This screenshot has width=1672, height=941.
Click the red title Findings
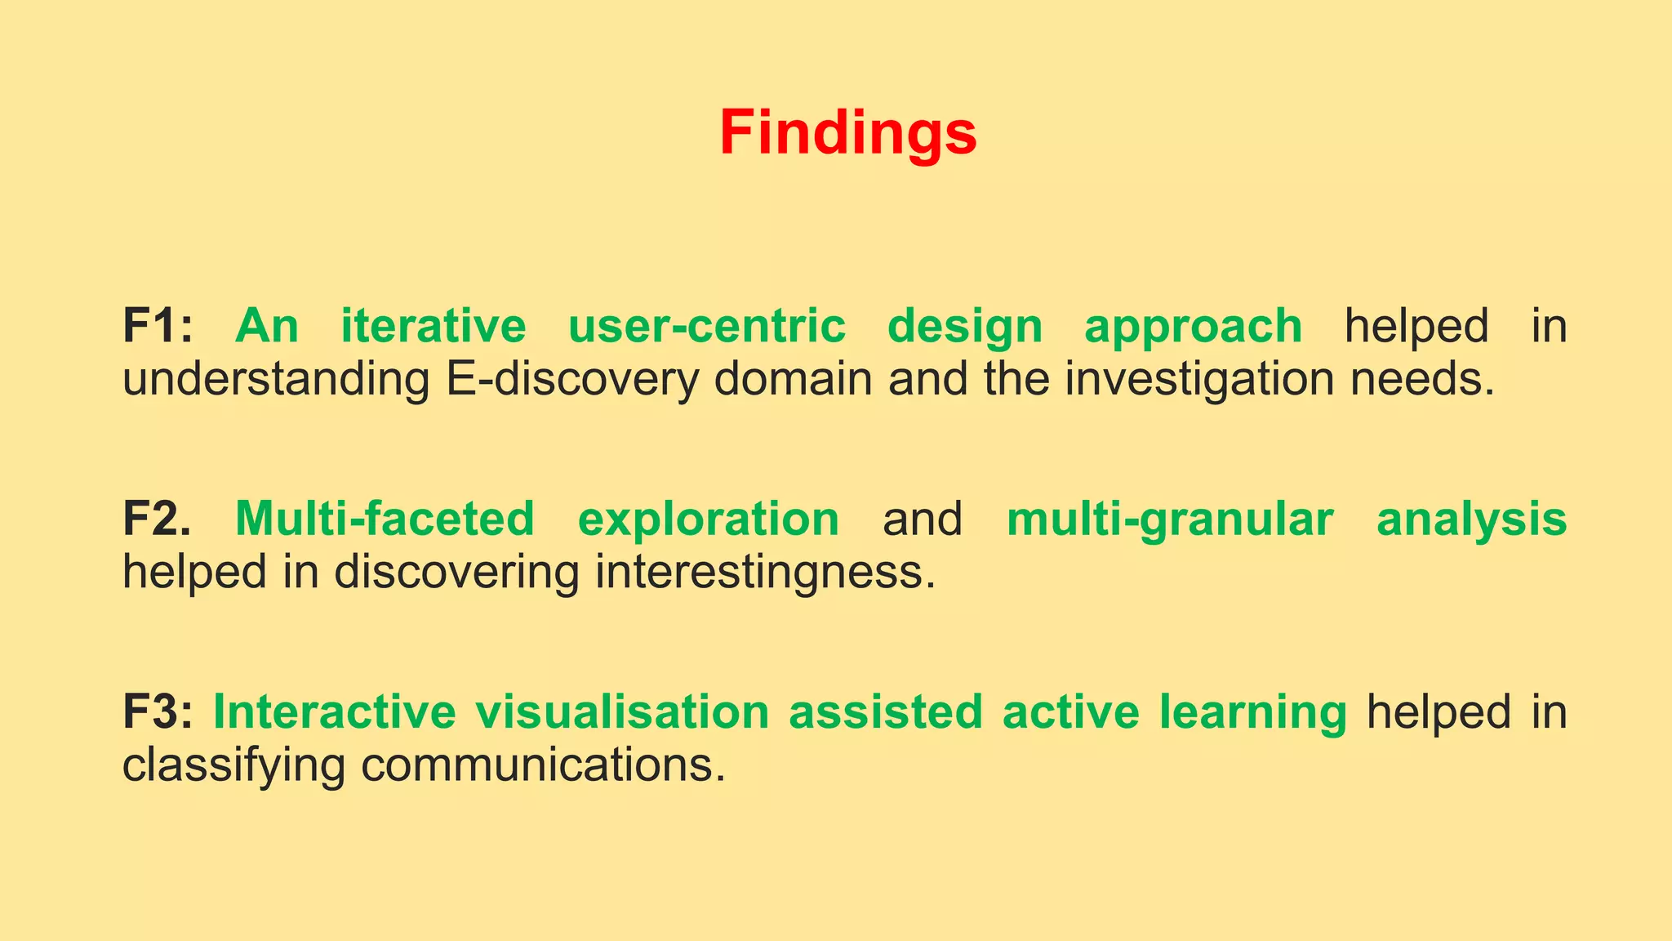click(847, 133)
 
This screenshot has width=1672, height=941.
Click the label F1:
click(158, 326)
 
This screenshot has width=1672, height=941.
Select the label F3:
click(158, 711)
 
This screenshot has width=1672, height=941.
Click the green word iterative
click(434, 326)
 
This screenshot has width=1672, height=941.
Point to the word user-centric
click(706, 326)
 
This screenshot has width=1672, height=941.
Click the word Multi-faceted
click(385, 519)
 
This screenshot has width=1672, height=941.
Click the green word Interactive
click(335, 711)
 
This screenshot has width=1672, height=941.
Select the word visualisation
click(623, 711)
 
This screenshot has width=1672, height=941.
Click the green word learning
click(1252, 713)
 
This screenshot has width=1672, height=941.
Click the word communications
click(543, 765)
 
